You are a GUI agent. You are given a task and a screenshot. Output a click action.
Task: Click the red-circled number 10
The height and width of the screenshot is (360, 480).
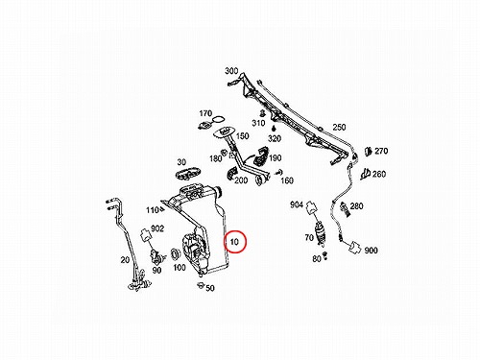point(234,242)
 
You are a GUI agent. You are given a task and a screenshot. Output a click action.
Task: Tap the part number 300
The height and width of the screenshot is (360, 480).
point(231,71)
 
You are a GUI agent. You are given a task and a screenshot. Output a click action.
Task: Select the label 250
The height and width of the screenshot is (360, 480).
point(339,127)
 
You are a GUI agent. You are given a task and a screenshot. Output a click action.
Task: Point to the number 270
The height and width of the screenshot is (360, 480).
point(381,151)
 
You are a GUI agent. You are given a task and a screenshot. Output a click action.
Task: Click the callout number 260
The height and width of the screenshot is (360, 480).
point(379,174)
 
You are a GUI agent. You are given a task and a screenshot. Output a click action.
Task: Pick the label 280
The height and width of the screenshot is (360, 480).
point(356,205)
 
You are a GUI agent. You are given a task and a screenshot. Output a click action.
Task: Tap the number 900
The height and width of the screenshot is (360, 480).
point(371,251)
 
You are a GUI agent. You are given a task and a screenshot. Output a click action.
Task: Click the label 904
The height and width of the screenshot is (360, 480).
point(297,204)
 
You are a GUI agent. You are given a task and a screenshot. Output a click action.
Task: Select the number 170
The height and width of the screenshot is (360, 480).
point(205,113)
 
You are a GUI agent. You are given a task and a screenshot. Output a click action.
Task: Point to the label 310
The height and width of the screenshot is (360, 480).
point(258,123)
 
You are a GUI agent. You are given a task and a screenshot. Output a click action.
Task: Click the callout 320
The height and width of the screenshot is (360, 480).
point(275,138)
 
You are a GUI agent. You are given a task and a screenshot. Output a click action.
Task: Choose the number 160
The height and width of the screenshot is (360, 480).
point(287,180)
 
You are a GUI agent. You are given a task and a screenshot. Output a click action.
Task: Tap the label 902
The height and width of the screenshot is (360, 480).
point(157,228)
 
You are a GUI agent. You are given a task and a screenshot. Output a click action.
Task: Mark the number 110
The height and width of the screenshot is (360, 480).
point(153,210)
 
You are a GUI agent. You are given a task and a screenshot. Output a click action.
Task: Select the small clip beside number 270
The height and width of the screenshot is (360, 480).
point(369,151)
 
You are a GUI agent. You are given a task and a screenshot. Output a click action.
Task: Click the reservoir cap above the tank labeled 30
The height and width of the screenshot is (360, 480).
point(188,173)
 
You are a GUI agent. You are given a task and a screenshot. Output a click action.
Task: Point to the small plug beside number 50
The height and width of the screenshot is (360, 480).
point(201,285)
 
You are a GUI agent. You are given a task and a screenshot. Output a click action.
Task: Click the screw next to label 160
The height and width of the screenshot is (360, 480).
point(277,173)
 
